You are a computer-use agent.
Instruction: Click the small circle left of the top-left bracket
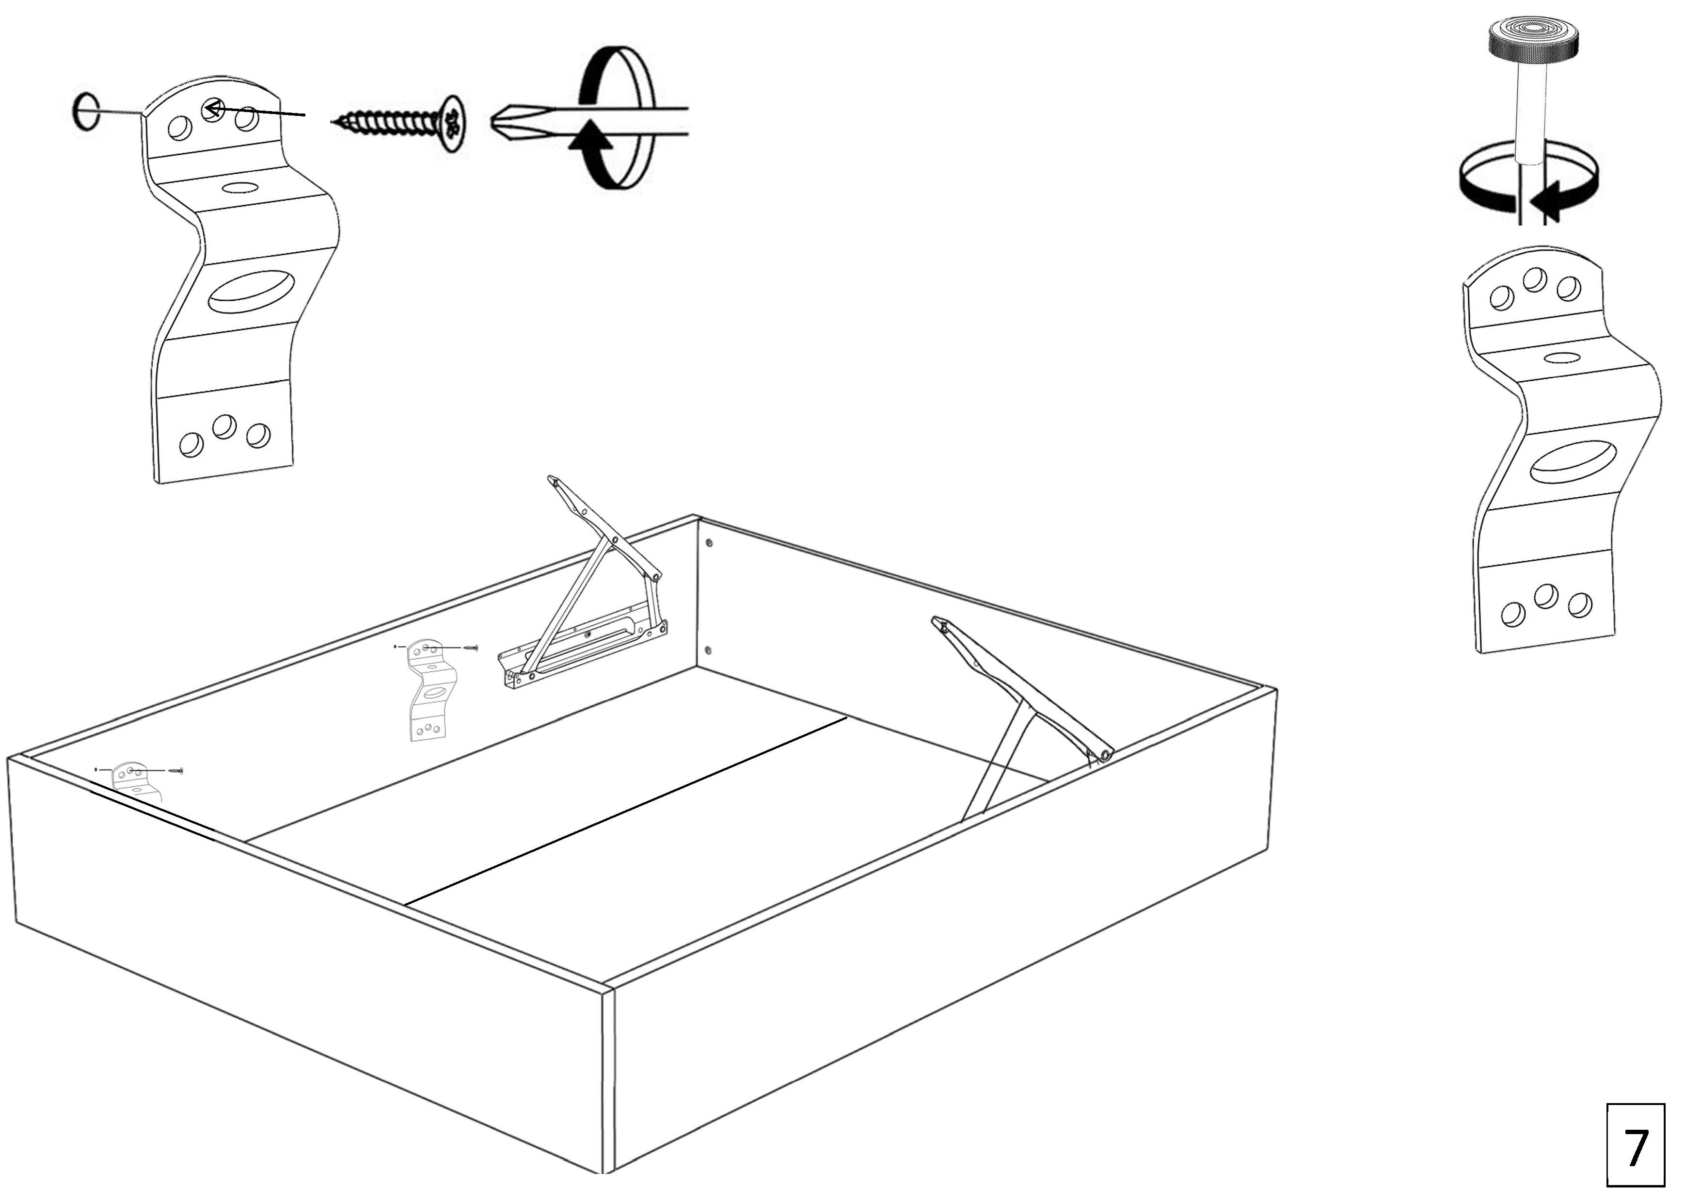coord(86,111)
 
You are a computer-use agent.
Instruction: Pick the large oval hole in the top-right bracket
coord(1574,461)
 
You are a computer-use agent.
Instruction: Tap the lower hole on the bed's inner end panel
coord(708,650)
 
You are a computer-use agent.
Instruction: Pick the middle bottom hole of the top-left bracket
coord(224,427)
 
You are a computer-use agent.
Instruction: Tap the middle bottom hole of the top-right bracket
coord(1545,596)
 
